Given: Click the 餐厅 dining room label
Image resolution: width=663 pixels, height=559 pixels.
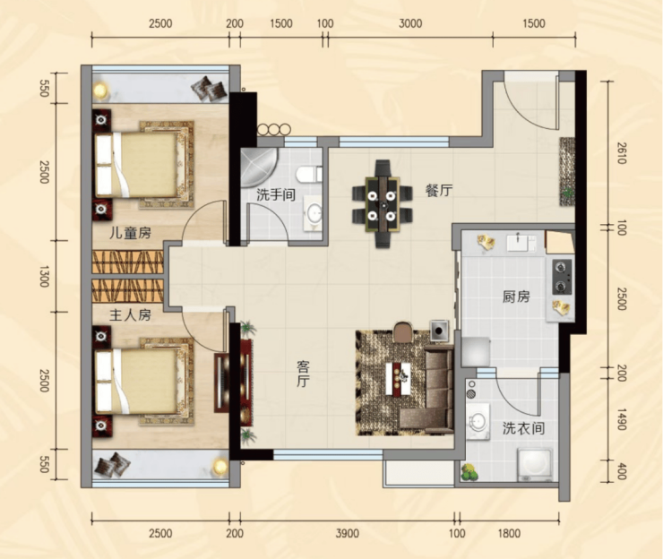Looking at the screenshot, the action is (439, 191).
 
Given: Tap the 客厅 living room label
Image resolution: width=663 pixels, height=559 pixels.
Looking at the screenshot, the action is (303, 374).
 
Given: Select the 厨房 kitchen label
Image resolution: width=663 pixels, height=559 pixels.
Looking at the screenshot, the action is (516, 297).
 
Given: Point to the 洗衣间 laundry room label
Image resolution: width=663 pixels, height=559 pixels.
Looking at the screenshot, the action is (523, 429).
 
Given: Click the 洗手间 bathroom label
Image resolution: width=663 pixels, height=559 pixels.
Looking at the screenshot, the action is (276, 195).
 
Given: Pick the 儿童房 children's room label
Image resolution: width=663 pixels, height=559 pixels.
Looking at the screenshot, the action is (130, 233).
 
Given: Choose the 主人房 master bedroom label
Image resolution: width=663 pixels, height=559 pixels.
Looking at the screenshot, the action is (130, 314).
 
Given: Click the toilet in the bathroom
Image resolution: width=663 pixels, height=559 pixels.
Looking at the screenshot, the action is (309, 174).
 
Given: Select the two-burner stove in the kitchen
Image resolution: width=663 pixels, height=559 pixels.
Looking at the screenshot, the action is (562, 277).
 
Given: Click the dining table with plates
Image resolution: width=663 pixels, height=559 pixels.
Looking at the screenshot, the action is (383, 204).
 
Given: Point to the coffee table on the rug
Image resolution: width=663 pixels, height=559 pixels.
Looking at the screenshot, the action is (399, 379).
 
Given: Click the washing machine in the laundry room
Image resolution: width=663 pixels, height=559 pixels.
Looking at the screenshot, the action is (535, 465).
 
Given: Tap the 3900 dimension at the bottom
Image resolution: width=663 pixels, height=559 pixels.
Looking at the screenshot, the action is (347, 534).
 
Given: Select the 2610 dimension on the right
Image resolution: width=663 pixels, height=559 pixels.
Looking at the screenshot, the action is (621, 153).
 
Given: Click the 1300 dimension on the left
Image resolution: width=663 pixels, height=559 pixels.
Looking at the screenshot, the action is (44, 277).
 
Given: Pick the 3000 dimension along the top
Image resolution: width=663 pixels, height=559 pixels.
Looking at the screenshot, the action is (410, 23).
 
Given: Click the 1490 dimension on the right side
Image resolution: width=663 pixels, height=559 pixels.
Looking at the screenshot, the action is (621, 419).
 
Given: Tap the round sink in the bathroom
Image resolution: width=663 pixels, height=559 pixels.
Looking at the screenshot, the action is (314, 213).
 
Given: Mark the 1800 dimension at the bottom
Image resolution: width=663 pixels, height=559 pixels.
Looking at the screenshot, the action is (509, 534).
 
